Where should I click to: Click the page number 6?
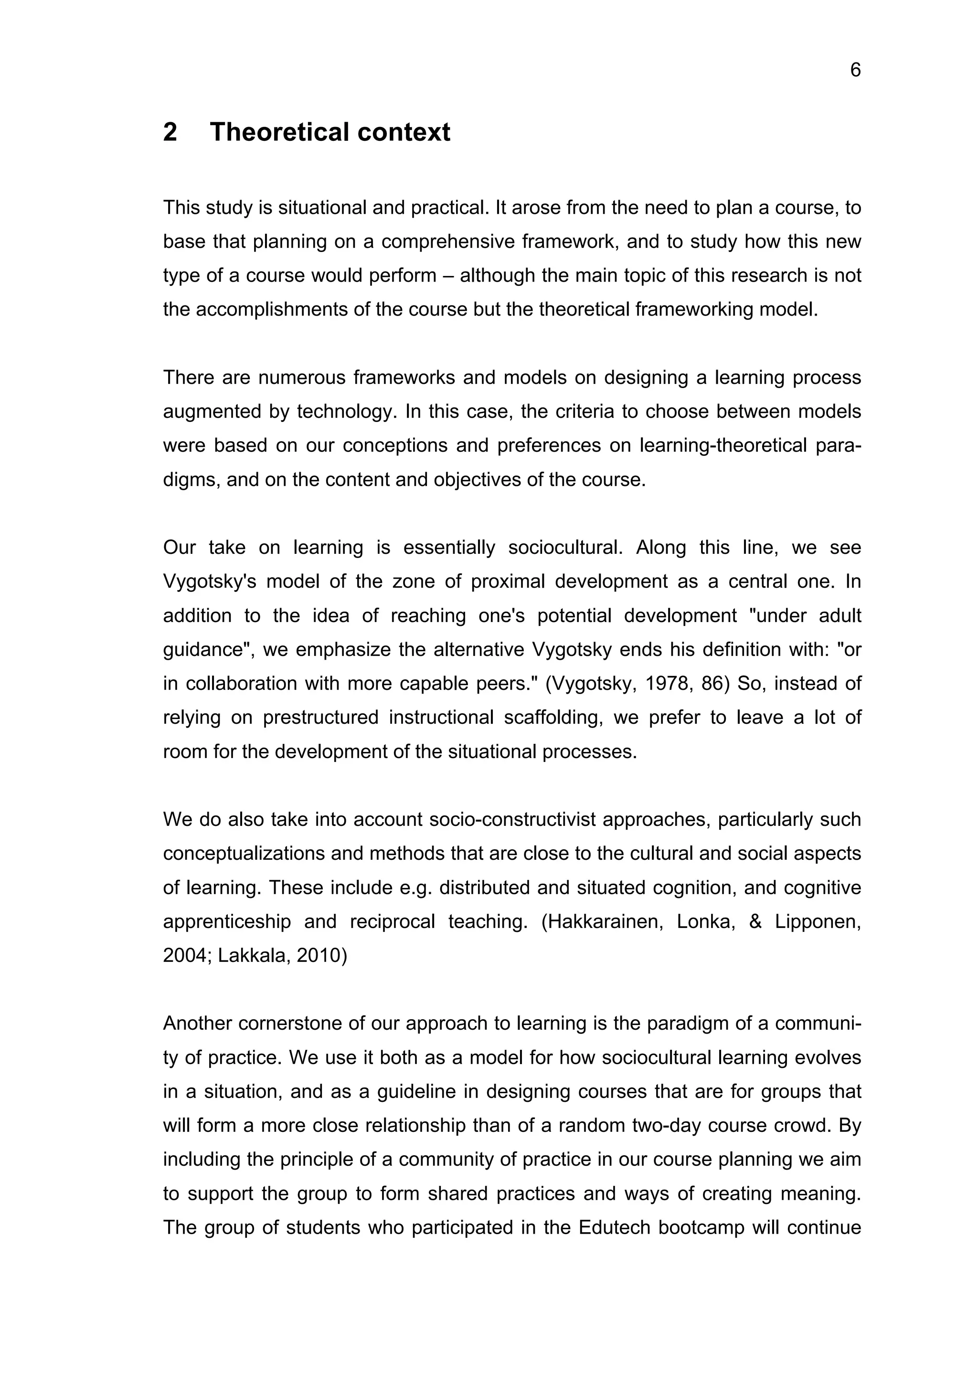(855, 71)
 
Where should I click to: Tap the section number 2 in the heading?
(170, 132)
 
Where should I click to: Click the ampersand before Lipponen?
(755, 921)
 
